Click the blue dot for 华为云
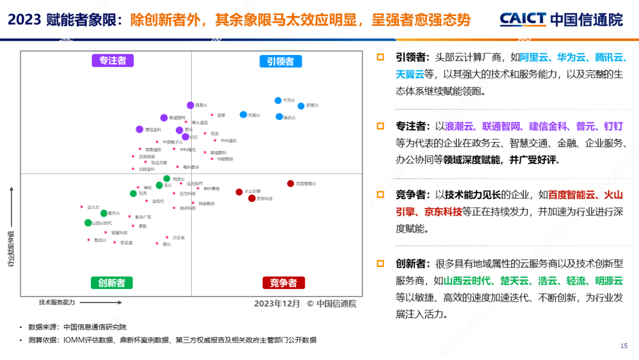[278, 101]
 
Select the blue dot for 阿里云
[301, 105]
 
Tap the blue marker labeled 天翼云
[243, 114]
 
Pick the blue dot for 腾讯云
[279, 117]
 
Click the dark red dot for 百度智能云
[291, 184]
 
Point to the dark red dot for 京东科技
[251, 198]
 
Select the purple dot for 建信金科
[140, 129]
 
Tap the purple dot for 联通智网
[164, 118]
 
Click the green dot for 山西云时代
[88, 223]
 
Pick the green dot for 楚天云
[104, 213]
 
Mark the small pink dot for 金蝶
[212, 115]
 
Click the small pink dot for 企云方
[82, 207]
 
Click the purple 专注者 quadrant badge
[112, 60]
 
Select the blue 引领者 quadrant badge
[280, 61]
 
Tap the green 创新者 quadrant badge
[112, 282]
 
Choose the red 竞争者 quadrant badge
[283, 282]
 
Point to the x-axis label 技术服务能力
[57, 302]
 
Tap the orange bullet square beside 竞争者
[380, 194]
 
